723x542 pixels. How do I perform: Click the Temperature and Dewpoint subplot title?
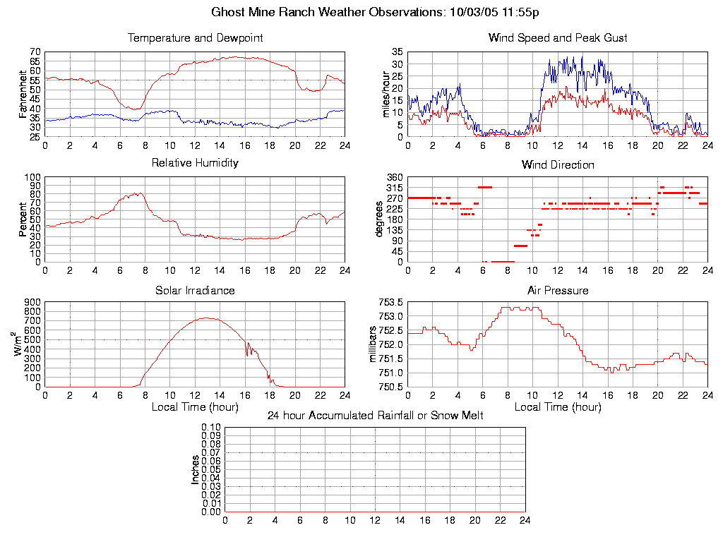tap(195, 38)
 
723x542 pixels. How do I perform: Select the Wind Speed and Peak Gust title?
tap(557, 38)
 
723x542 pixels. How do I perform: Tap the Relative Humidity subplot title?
tap(195, 163)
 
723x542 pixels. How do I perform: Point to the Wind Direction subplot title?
tap(557, 165)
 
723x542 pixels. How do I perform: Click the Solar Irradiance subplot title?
tap(195, 290)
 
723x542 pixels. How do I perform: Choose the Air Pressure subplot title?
tap(557, 290)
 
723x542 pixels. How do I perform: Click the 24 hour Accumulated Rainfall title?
tap(375, 416)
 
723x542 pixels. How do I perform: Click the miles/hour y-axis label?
tap(386, 94)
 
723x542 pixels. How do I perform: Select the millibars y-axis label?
tap(374, 344)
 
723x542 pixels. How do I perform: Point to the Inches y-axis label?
tap(196, 469)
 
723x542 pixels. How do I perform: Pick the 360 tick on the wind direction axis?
tap(394, 177)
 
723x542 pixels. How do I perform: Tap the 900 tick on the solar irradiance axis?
tap(32, 303)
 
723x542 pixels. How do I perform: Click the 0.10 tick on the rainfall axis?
tap(212, 428)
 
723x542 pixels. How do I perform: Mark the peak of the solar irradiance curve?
tap(207, 318)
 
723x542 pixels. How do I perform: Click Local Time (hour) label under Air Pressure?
tap(557, 407)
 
